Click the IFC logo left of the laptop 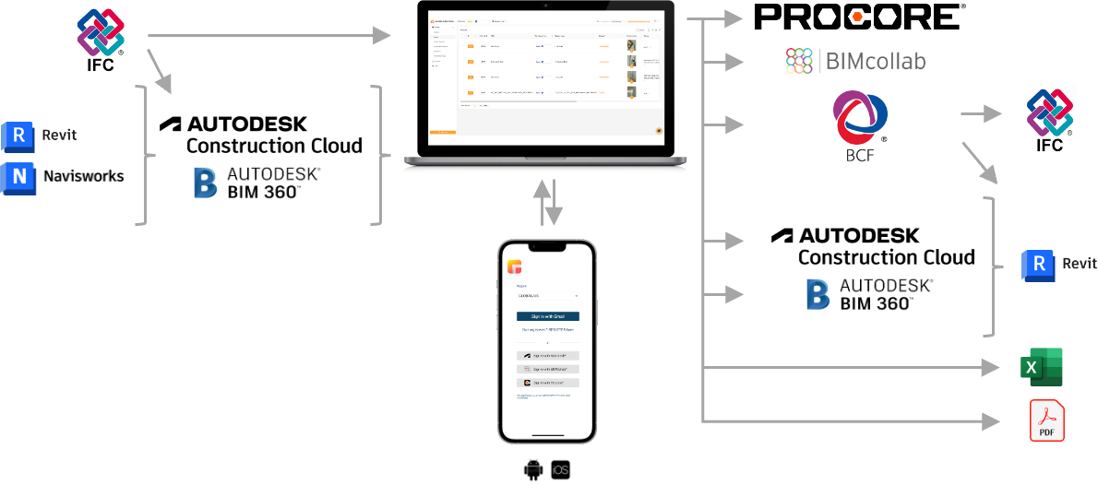[102, 40]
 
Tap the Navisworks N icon [18, 178]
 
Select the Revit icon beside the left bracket [18, 136]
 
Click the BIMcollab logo [854, 61]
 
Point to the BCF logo [860, 125]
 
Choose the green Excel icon [1041, 367]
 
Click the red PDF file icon [1046, 420]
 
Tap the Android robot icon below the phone [532, 470]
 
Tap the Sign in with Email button [547, 316]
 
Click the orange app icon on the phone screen [514, 267]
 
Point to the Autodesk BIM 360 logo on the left [257, 183]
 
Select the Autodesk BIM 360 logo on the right [869, 295]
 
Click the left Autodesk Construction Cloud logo [260, 135]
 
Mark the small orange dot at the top [857, 17]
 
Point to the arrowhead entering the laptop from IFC [384, 36]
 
